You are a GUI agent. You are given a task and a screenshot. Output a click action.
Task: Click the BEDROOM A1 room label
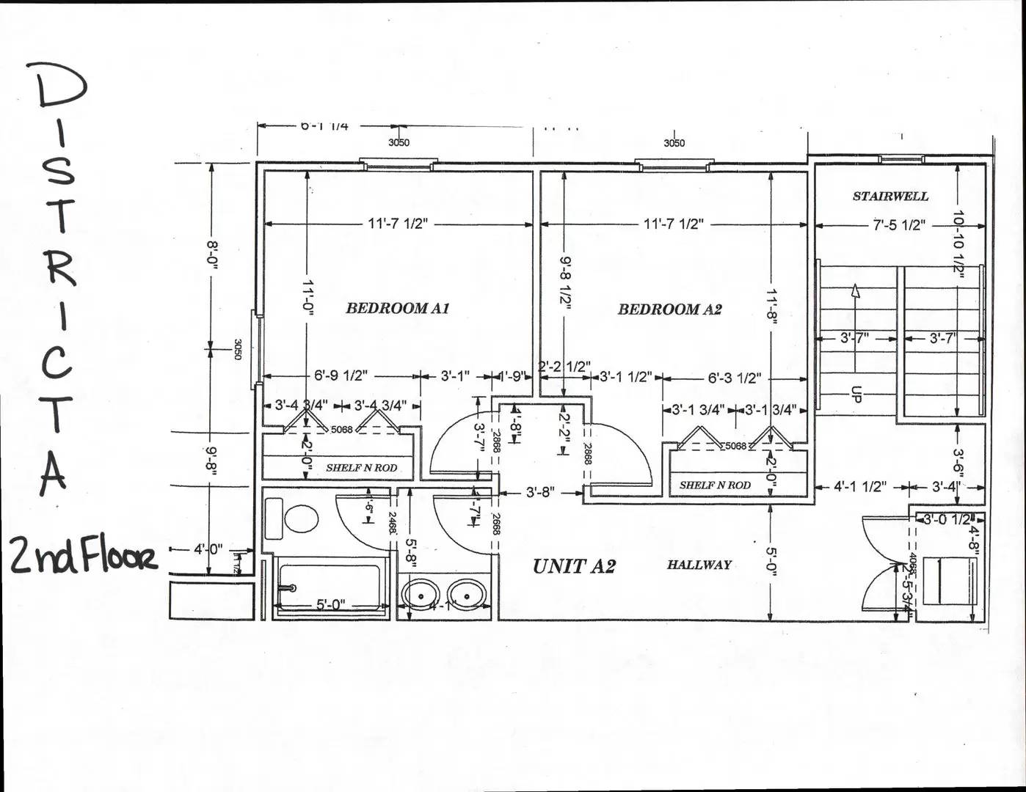tap(397, 308)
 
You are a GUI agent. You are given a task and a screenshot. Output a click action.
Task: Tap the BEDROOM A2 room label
tap(669, 309)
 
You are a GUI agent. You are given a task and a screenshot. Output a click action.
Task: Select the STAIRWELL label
tap(890, 197)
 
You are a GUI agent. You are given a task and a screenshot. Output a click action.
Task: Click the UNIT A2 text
tap(574, 566)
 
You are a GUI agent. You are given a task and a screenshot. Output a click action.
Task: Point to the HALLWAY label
tap(699, 565)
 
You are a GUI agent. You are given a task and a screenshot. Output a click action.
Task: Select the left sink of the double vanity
tap(421, 594)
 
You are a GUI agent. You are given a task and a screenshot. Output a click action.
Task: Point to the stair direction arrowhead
tap(855, 291)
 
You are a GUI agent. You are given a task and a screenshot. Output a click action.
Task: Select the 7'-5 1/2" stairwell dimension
tap(898, 225)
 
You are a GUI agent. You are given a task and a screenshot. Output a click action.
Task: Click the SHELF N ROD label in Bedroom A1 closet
tap(361, 468)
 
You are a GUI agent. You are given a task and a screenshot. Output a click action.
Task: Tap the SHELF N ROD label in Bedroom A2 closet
tap(715, 485)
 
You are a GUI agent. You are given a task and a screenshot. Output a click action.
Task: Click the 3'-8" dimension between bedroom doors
tap(540, 493)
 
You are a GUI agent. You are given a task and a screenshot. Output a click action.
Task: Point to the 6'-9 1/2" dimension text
tap(341, 376)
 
